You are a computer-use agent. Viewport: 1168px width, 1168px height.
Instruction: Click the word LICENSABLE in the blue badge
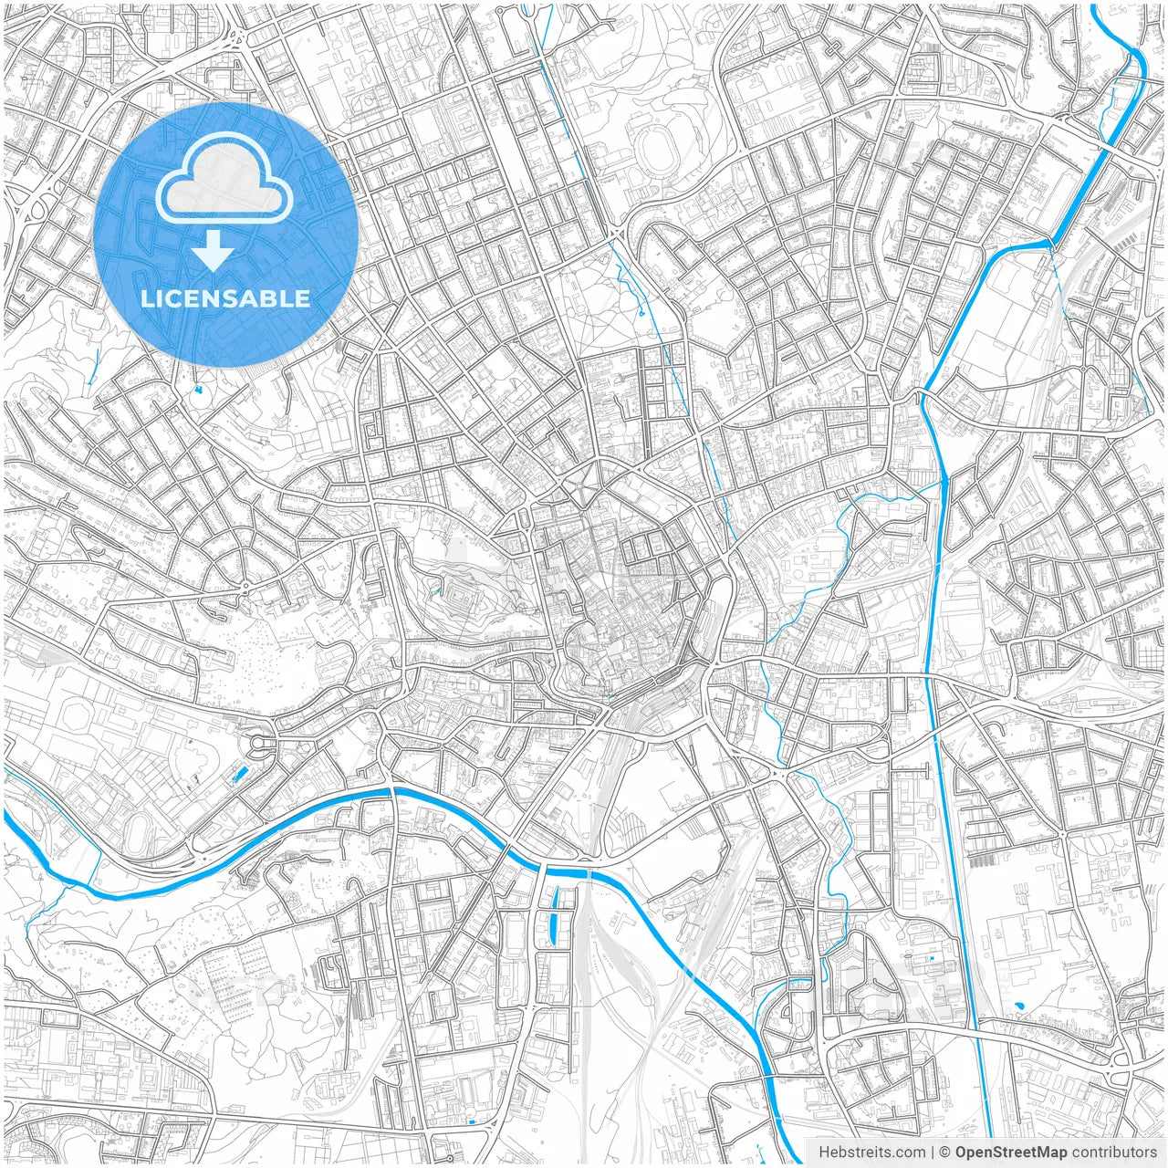[x=225, y=298]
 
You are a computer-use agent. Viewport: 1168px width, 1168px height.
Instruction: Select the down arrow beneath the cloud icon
[x=214, y=250]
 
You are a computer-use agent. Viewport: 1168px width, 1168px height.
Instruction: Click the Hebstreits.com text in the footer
[x=871, y=1152]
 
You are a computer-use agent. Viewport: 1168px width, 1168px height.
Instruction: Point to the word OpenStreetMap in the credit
[x=1010, y=1152]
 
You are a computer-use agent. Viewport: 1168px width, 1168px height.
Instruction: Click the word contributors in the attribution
[x=1114, y=1152]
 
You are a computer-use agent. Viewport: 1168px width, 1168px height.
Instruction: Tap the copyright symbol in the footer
[x=945, y=1152]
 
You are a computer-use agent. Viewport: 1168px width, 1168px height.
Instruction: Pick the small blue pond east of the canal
[x=1017, y=1008]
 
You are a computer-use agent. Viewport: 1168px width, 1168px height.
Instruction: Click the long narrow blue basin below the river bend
[x=554, y=917]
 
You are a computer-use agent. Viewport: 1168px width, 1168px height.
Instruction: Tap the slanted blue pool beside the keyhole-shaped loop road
[x=240, y=775]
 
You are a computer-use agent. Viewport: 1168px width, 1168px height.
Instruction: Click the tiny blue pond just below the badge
[x=198, y=390]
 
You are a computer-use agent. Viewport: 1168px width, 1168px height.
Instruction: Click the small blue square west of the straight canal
[x=931, y=958]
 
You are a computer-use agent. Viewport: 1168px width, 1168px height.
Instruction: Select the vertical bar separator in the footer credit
[x=933, y=1152]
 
